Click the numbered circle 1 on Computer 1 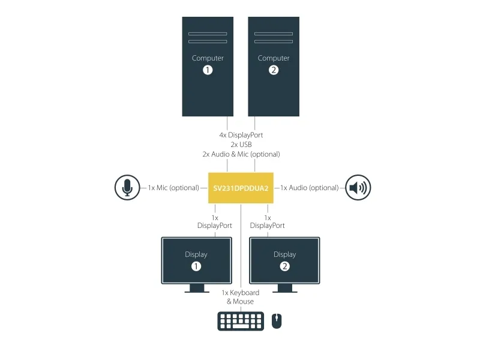click(x=208, y=70)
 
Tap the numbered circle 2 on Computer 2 click(x=274, y=70)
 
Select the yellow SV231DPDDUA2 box click(x=241, y=188)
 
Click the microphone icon click(x=127, y=187)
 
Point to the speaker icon click(x=358, y=187)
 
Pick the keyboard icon click(x=241, y=321)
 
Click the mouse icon click(x=277, y=321)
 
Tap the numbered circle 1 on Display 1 click(x=196, y=266)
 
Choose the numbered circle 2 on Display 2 click(x=284, y=266)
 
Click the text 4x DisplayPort click(x=241, y=135)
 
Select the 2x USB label click(x=241, y=145)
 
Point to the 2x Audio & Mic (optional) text click(x=241, y=154)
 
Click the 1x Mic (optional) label click(x=173, y=188)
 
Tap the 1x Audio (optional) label click(x=310, y=188)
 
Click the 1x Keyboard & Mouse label click(x=241, y=297)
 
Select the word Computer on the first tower click(x=208, y=58)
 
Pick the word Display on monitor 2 click(x=284, y=254)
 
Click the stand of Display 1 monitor click(x=197, y=289)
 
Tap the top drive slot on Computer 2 click(x=274, y=34)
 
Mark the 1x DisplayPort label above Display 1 click(x=215, y=221)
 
